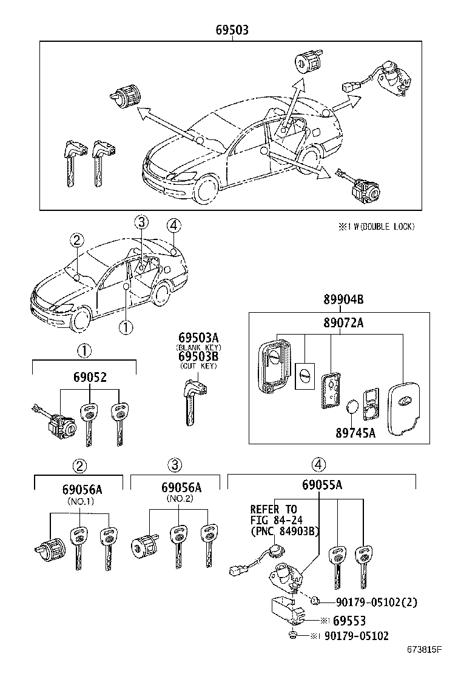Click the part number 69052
point(84,377)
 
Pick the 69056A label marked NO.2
point(181,489)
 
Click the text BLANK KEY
point(198,347)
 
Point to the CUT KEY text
point(198,365)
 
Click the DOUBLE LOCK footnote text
point(377,226)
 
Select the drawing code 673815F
point(425,650)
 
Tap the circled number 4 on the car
point(173,225)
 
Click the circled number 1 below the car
point(125,327)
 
